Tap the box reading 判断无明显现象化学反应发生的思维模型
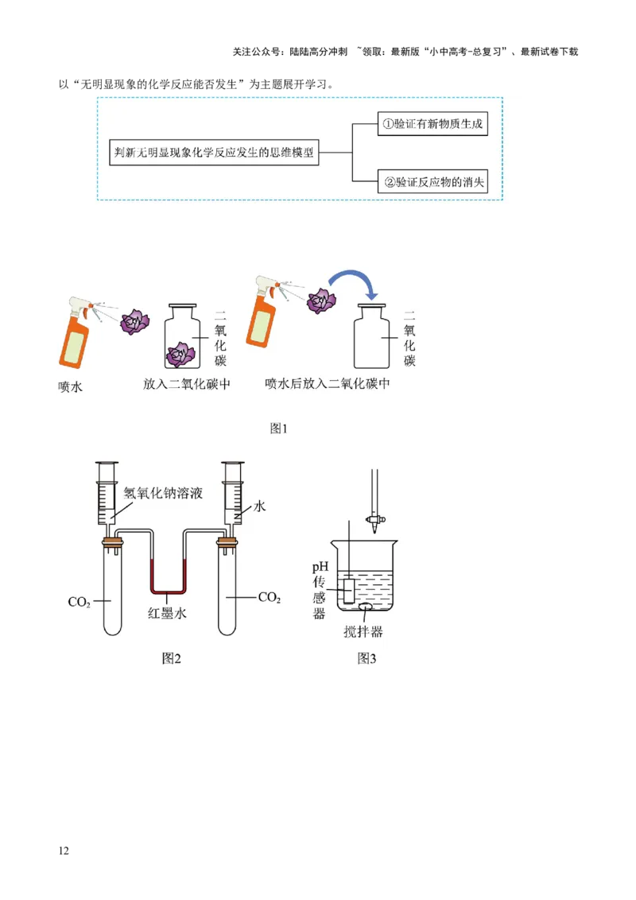[x=213, y=151]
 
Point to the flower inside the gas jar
[x=183, y=353]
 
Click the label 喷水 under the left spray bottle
[x=70, y=387]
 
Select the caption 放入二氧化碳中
[x=187, y=384]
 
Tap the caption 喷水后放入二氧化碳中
[x=328, y=384]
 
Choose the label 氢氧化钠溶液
[x=163, y=493]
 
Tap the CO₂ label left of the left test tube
[x=79, y=602]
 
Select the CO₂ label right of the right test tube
[x=270, y=597]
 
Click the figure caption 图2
[x=172, y=658]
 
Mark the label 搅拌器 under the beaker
[x=363, y=632]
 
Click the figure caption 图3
[x=366, y=658]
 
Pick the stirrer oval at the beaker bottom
[x=366, y=608]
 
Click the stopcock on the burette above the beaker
[x=371, y=519]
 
